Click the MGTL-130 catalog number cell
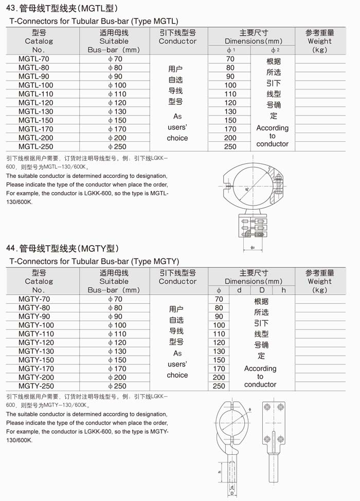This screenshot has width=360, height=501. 35,112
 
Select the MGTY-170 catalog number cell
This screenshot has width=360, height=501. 35,368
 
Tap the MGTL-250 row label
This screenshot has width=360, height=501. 35,146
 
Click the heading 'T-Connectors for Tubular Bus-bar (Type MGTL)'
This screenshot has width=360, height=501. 94,21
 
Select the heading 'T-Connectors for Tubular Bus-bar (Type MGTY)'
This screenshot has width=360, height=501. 94,262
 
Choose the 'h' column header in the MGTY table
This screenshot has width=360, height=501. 283,290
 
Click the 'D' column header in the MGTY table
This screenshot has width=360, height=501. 261,290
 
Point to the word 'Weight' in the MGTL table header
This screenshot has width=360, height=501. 320,41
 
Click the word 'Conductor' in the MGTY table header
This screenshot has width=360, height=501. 177,282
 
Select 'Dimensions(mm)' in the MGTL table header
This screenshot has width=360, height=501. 254,41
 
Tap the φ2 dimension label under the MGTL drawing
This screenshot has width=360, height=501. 253,248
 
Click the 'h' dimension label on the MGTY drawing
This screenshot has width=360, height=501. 220,471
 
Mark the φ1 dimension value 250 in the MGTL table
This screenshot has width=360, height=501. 230,146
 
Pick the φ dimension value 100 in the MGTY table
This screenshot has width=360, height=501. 219,325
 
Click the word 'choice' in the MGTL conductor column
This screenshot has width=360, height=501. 177,138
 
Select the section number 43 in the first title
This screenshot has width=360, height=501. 11,8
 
